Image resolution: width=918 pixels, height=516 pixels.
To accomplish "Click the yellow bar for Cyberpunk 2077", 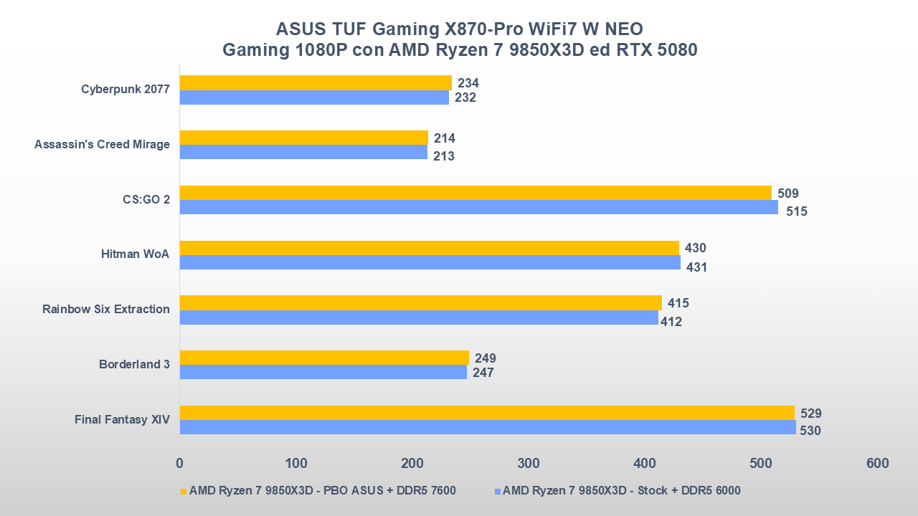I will [316, 82].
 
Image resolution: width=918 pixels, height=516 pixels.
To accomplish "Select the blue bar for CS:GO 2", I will [478, 207].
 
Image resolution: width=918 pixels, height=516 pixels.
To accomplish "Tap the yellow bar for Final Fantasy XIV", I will [487, 413].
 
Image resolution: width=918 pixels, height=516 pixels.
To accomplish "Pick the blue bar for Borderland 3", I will [323, 372].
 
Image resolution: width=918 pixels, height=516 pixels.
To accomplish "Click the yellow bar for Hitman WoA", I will [429, 248].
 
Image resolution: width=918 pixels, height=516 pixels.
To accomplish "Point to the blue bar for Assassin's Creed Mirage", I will [303, 152].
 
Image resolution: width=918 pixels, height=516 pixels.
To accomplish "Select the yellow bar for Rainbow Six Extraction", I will [420, 302].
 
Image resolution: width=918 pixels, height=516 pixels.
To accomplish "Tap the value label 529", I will [810, 414].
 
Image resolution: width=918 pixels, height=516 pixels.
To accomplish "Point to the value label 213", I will [443, 156].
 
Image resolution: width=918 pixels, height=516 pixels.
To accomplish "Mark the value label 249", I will [485, 358].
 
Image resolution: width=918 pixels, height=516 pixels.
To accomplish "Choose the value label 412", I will [671, 322].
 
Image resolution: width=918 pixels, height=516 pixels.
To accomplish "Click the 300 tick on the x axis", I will [528, 463].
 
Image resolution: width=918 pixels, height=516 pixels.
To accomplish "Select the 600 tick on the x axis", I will [876, 463].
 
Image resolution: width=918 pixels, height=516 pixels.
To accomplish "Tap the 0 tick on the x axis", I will [179, 463].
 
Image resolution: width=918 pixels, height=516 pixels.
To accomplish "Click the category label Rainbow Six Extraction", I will [106, 310].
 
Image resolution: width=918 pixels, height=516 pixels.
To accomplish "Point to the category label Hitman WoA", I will [135, 254].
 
